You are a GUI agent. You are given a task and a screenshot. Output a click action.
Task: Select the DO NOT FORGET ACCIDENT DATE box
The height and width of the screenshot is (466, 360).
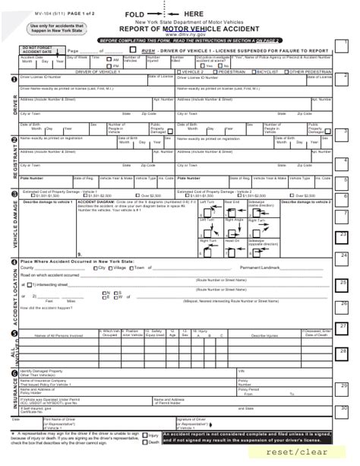pos(36,50)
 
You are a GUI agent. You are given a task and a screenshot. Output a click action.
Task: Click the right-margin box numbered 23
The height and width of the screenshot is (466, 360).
pos(343,235)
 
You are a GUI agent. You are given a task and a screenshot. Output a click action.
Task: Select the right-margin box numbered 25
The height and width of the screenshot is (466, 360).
pos(343,284)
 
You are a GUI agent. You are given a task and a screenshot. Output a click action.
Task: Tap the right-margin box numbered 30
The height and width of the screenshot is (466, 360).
pos(343,409)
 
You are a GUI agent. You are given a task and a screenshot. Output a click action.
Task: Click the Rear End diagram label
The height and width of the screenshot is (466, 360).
pos(232,201)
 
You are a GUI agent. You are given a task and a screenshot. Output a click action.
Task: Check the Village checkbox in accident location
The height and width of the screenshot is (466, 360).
pos(112,268)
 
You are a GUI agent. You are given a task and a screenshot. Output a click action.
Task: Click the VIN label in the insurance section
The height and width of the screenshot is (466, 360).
pos(242,370)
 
